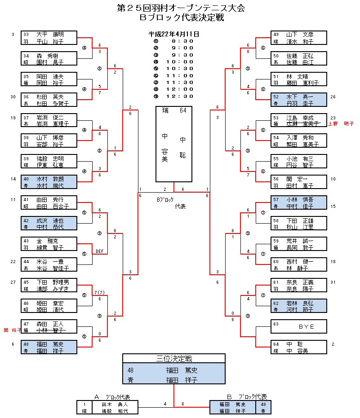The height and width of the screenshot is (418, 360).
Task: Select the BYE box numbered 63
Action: tap(298, 326)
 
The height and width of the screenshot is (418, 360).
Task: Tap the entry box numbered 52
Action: tap(298, 100)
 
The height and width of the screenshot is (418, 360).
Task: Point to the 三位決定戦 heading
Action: tap(173, 358)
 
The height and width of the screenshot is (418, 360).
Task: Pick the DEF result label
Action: tap(100, 251)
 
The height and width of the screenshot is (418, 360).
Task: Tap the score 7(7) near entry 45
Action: tap(100, 293)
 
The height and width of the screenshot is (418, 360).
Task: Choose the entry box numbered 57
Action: tap(298, 203)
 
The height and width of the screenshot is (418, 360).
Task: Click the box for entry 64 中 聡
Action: tap(298, 348)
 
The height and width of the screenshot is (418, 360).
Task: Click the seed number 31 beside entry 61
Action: tap(333, 282)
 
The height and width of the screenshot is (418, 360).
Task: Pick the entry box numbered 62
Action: tap(298, 306)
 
